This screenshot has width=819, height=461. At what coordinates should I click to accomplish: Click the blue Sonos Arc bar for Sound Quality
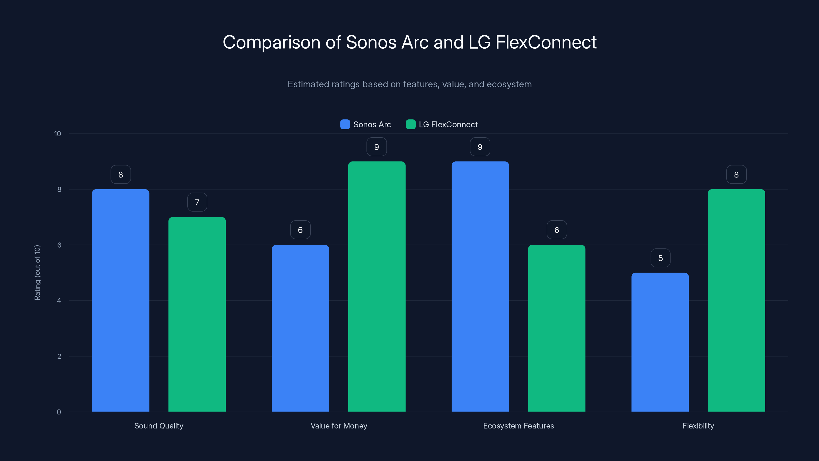point(121,300)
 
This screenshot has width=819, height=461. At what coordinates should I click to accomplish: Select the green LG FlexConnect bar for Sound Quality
point(197,314)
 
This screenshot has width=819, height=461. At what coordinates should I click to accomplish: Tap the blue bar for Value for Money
point(300,328)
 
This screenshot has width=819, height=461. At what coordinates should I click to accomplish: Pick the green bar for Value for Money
point(377,286)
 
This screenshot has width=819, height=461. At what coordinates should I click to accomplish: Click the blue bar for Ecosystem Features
point(480,286)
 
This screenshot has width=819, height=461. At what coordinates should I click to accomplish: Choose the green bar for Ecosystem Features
point(556,328)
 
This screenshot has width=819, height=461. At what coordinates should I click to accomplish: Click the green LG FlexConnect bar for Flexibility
point(736,300)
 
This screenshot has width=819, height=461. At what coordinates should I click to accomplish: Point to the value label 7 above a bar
point(197,202)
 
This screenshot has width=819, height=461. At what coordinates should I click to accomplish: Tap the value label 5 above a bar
point(660,258)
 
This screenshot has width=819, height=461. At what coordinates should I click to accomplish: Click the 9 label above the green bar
point(376,147)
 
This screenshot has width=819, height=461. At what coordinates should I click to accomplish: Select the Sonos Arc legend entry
point(366,124)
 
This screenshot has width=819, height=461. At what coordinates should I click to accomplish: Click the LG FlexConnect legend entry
point(442,124)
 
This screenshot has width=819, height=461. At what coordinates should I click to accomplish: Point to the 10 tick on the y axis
point(58,134)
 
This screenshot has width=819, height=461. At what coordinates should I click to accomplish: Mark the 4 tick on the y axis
point(59,301)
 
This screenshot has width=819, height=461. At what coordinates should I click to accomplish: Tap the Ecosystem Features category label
point(518,426)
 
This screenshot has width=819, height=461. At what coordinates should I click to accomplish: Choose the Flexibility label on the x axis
point(698,426)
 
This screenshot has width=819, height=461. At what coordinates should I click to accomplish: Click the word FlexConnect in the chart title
point(546,42)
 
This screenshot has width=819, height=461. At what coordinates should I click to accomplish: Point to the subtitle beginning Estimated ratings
point(409,84)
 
